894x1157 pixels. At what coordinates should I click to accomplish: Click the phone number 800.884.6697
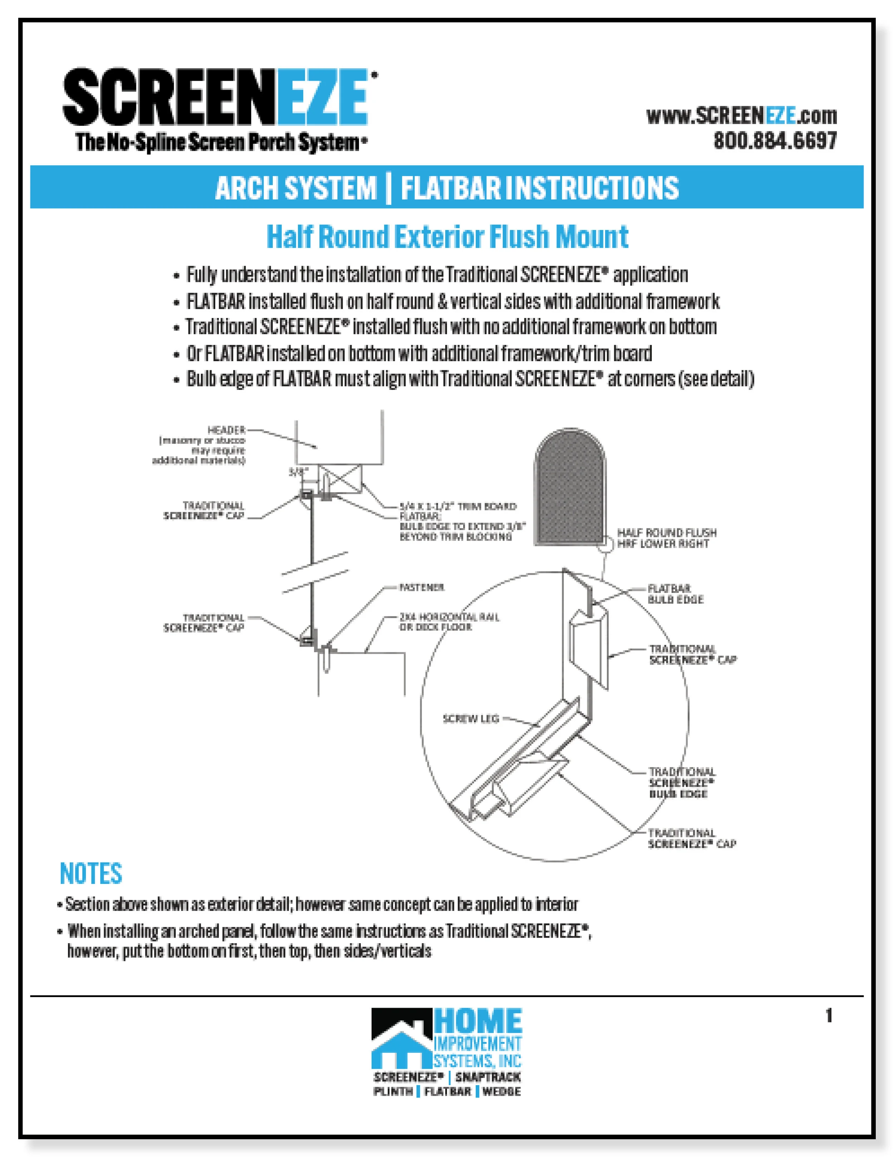(775, 141)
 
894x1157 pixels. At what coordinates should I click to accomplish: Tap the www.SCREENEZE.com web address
(741, 116)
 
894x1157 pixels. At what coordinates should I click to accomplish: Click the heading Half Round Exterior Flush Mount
(447, 237)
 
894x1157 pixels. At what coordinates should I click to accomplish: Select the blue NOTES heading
(90, 874)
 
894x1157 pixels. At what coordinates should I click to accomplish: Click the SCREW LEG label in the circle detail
(471, 719)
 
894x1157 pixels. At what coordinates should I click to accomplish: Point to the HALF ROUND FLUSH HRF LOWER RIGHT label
(666, 538)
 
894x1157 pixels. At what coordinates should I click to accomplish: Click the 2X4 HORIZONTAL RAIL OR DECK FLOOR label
(449, 622)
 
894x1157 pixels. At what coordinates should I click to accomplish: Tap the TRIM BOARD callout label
(458, 506)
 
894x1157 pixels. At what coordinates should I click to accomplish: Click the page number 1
(829, 1016)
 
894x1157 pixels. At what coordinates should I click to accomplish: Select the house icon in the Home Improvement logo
(401, 1045)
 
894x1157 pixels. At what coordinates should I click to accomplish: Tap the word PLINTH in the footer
(393, 1091)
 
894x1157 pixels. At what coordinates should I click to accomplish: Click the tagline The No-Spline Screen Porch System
(220, 142)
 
